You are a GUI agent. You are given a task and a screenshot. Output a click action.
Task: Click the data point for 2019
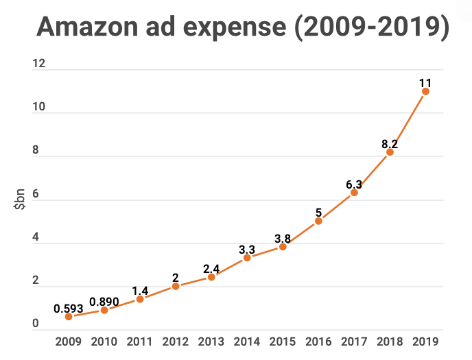[425, 91]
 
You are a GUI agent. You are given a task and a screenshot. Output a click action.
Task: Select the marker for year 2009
[69, 317]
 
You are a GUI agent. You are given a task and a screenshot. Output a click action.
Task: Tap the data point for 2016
[318, 221]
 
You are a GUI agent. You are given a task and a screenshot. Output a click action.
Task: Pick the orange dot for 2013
[211, 277]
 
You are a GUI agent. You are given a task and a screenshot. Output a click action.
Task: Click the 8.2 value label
[390, 144]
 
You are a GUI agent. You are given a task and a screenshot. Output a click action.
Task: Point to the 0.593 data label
[69, 308]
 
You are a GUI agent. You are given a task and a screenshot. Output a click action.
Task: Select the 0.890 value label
[104, 301]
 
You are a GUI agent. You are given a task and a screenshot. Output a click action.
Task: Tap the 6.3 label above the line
[354, 184]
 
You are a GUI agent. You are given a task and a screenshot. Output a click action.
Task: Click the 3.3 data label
[247, 250]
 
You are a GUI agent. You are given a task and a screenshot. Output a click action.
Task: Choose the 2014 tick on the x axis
[247, 341]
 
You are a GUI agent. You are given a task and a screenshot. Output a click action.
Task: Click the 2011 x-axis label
[140, 341]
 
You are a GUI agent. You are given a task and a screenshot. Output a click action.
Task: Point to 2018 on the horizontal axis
[390, 341]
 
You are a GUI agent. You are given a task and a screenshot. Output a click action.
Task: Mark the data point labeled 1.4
[140, 299]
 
